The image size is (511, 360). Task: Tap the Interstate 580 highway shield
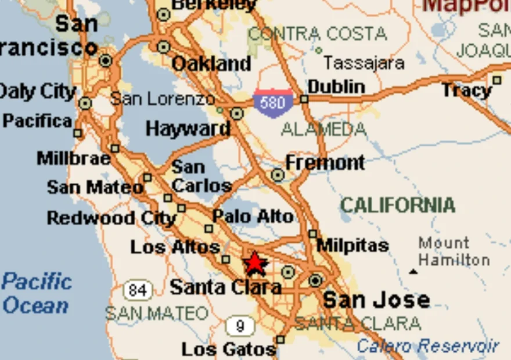(273, 103)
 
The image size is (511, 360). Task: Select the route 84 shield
(138, 290)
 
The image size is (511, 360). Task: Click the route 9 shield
(240, 326)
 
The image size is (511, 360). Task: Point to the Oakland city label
(211, 63)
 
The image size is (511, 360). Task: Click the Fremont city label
(325, 163)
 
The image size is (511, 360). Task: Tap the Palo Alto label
(253, 217)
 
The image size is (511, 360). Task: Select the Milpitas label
(352, 246)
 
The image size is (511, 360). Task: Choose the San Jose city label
(376, 300)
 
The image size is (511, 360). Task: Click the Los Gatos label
(228, 350)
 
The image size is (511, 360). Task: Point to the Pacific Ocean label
(37, 294)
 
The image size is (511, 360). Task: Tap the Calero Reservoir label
(428, 346)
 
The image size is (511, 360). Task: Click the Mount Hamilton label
(454, 251)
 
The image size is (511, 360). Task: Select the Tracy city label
(466, 90)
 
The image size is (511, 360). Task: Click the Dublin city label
(337, 87)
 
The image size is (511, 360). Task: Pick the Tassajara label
(364, 62)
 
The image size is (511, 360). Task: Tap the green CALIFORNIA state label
(397, 205)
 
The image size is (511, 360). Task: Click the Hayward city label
(188, 128)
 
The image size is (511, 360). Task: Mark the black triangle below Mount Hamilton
(413, 271)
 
